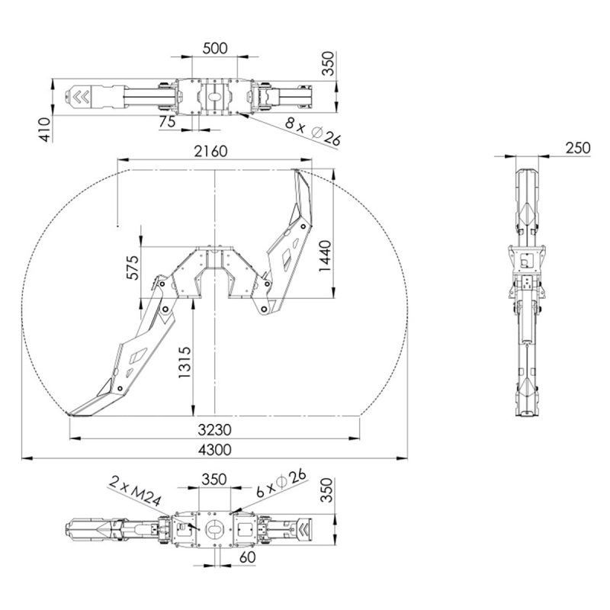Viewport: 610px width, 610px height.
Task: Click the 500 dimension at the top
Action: point(215,49)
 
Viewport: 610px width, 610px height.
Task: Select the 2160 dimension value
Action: point(211,151)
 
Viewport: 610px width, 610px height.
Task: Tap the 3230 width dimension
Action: point(214,430)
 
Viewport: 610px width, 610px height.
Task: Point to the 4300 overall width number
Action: point(215,450)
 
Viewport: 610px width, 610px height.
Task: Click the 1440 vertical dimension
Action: point(326,256)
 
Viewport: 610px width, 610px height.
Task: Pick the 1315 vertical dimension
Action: point(185,362)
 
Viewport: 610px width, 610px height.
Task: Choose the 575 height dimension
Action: point(133,268)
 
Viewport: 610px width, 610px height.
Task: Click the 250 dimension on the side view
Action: point(578,148)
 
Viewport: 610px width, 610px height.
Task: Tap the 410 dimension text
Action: point(45,130)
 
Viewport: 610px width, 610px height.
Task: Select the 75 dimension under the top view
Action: point(167,122)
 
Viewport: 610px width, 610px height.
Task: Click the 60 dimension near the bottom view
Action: point(247,557)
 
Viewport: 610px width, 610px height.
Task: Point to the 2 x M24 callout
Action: point(134,490)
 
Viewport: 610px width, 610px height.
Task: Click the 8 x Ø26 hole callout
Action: point(313,133)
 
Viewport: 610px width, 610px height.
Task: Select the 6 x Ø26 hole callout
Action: point(281,483)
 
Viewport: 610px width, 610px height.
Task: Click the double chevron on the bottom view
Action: point(303,529)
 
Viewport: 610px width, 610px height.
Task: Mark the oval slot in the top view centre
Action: point(214,96)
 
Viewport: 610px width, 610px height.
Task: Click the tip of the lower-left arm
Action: point(69,414)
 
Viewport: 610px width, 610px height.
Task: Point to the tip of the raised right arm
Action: point(296,170)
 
